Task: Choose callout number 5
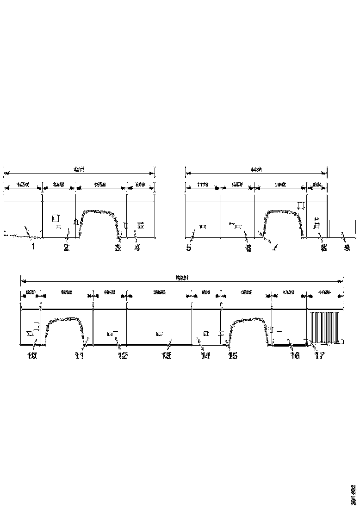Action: pyautogui.click(x=189, y=248)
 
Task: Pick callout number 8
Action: pyautogui.click(x=323, y=248)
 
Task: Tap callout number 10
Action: pyautogui.click(x=32, y=355)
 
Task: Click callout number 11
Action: pyautogui.click(x=79, y=355)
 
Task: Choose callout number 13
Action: pyautogui.click(x=166, y=355)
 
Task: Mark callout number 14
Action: pyautogui.click(x=205, y=355)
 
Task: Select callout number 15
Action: pyautogui.click(x=232, y=355)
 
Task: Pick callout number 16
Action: pyautogui.click(x=294, y=355)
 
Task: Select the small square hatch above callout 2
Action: pyautogui.click(x=56, y=217)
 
